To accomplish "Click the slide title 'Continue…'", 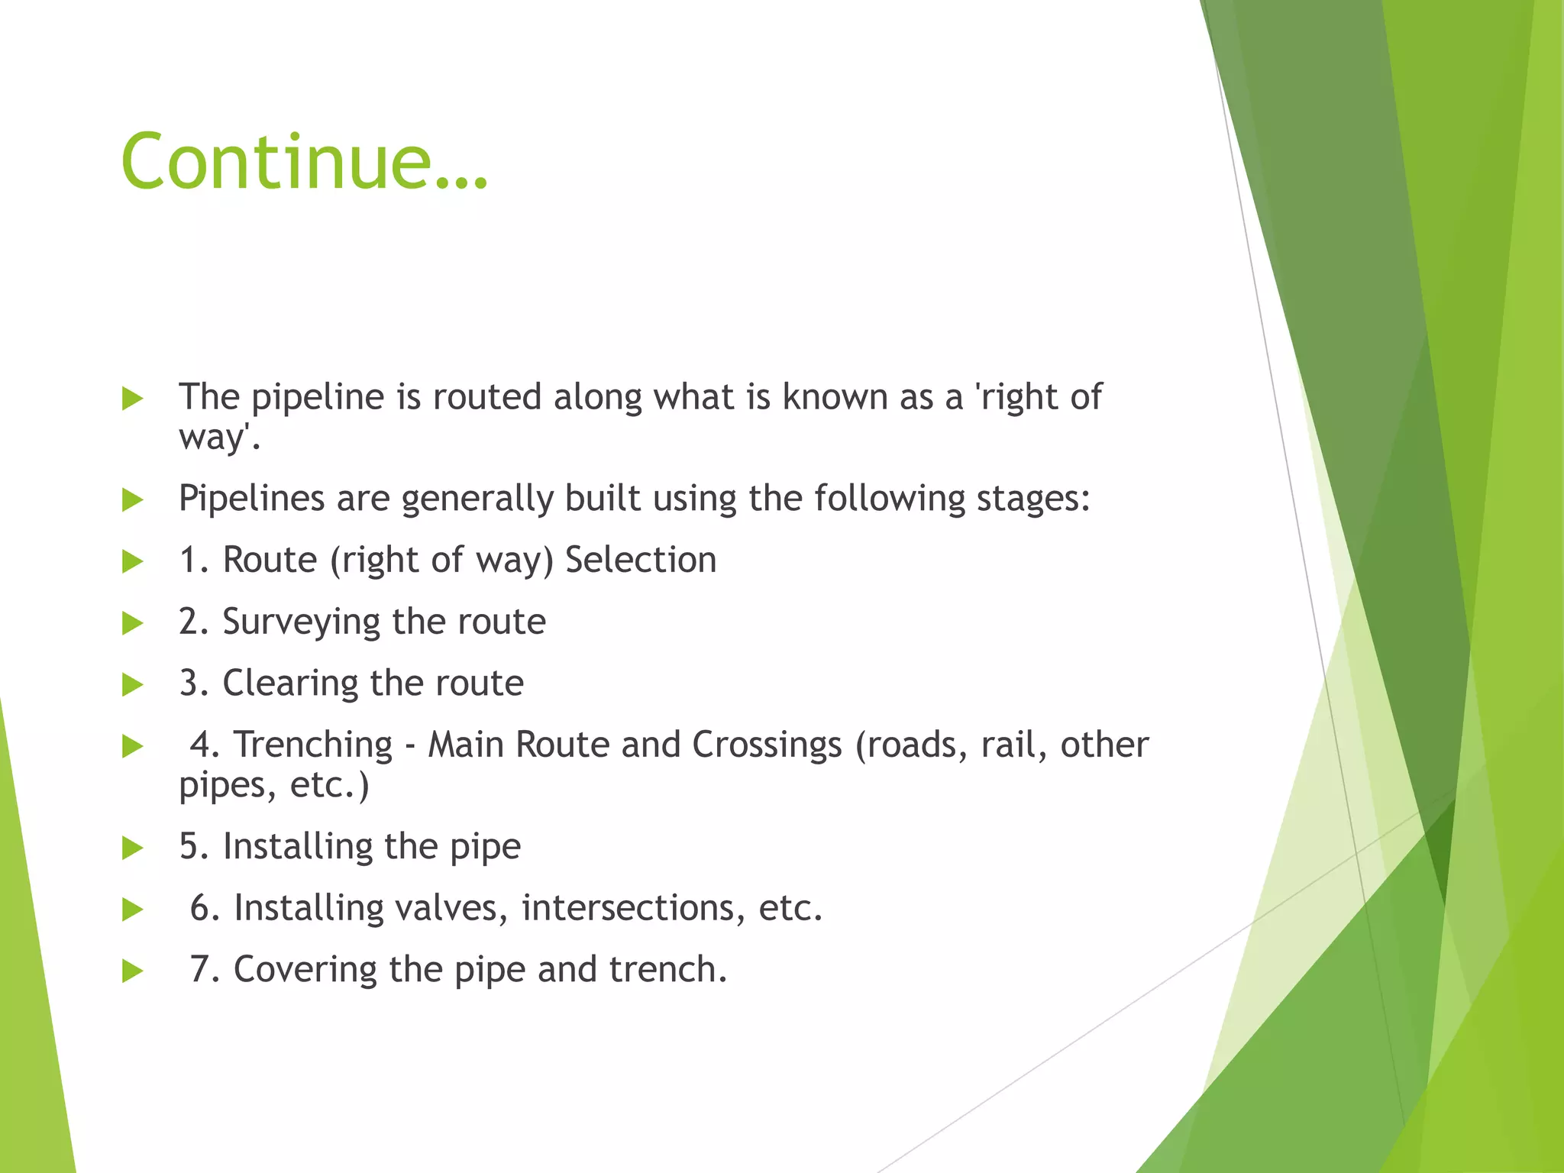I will tap(304, 162).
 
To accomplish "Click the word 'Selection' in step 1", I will tap(641, 560).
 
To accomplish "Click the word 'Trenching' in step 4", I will tap(313, 745).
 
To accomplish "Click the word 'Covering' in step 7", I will tap(305, 970).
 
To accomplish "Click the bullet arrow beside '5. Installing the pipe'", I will tap(133, 848).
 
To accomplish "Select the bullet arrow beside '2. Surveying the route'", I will tap(133, 623).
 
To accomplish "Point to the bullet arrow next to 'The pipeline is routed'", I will tap(133, 399).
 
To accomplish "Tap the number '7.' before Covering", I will tap(205, 970).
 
